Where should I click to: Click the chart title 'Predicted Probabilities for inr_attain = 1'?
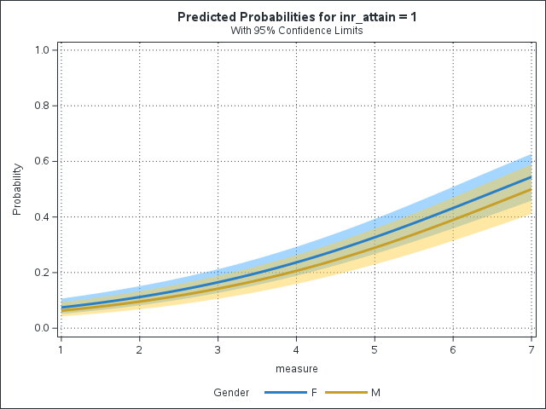[x=298, y=17]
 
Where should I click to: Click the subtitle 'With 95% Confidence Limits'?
[x=298, y=31]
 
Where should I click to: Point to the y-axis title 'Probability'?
[x=17, y=189]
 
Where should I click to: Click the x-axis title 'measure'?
[x=296, y=369]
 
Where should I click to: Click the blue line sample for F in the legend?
[x=285, y=393]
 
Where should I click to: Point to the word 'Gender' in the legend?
[x=230, y=393]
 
